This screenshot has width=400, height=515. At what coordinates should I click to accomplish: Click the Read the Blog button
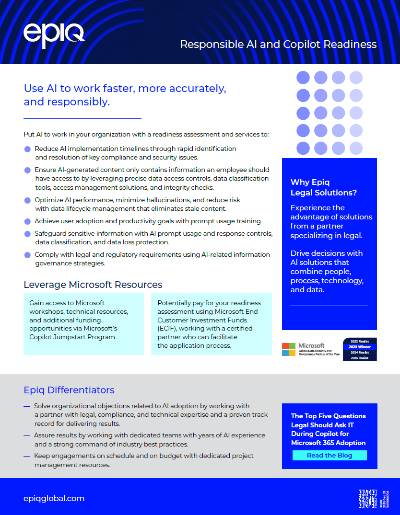(329, 455)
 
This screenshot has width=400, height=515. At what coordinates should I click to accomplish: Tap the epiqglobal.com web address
(54, 498)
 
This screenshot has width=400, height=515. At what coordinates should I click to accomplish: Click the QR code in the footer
(367, 499)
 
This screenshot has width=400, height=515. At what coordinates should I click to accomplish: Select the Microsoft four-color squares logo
(289, 349)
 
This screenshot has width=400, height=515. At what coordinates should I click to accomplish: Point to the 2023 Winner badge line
(360, 346)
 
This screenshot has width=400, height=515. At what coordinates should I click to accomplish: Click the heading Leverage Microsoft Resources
(93, 285)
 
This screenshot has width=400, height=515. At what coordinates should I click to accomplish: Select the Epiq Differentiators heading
(69, 389)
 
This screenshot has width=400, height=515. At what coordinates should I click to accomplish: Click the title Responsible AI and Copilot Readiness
(278, 45)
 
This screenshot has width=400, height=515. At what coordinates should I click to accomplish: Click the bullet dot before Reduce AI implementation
(27, 149)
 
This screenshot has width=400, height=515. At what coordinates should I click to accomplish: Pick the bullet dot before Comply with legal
(27, 255)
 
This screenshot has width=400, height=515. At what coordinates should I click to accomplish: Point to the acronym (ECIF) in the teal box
(168, 328)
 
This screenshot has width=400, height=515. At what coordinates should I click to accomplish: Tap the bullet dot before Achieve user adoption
(27, 221)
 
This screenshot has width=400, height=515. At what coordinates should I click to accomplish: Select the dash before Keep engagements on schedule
(27, 456)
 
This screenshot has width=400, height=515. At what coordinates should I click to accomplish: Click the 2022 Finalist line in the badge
(360, 341)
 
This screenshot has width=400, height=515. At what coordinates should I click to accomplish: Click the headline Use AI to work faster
(125, 89)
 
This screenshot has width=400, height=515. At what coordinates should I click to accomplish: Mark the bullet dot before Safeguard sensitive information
(27, 234)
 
